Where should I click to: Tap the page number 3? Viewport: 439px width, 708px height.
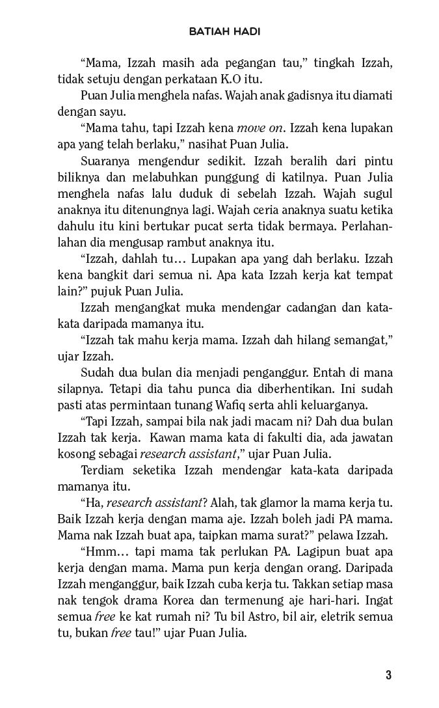pyautogui.click(x=388, y=675)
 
